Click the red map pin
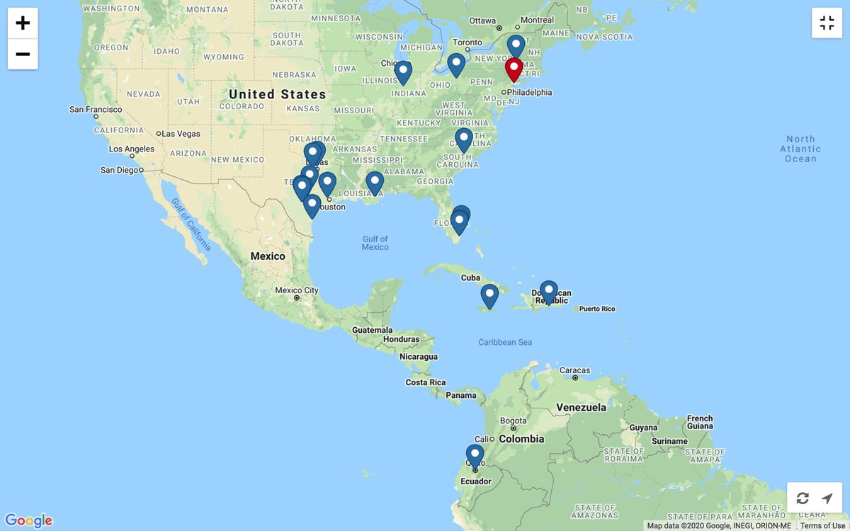pos(514,69)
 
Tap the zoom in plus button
pos(23,23)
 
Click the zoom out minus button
pos(23,55)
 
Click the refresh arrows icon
pos(803,498)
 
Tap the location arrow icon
pos(827,498)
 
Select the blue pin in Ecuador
pos(475,455)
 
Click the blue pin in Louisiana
pos(375,182)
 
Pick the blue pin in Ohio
pos(456,64)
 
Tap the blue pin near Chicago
pos(403,71)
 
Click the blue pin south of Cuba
pos(489,295)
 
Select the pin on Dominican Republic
pos(548,290)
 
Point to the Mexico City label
pos(297,290)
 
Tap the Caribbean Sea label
pos(505,343)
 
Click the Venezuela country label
pos(581,408)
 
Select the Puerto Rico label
pos(597,309)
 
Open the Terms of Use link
pos(822,526)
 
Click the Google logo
pos(28,521)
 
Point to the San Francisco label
pos(96,110)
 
